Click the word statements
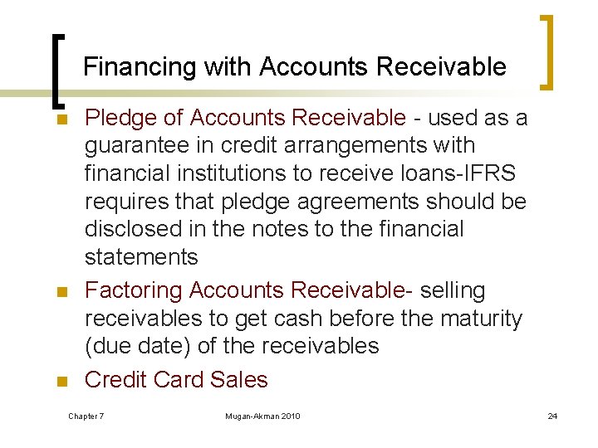point(141,257)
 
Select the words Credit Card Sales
point(176,380)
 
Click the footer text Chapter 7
point(86,416)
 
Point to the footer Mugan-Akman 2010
point(262,416)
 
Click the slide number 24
point(552,416)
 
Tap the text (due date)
point(139,346)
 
